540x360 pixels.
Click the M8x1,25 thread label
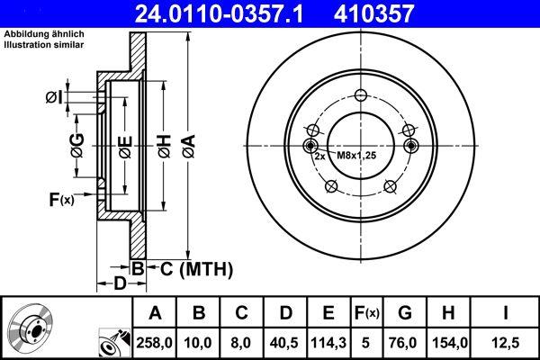[x=355, y=156]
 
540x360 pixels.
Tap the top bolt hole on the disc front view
[x=361, y=97]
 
